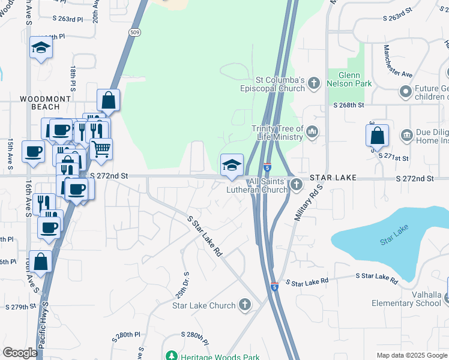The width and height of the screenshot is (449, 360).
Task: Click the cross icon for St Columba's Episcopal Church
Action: [x=314, y=84]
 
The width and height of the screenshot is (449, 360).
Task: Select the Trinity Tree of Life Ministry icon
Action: [x=312, y=132]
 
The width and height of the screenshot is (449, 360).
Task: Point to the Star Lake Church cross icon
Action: [x=244, y=305]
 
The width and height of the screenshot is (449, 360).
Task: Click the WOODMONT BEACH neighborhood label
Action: [x=40, y=103]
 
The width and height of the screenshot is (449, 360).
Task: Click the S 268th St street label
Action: [x=349, y=105]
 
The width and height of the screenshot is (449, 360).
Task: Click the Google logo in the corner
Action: [x=20, y=352]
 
